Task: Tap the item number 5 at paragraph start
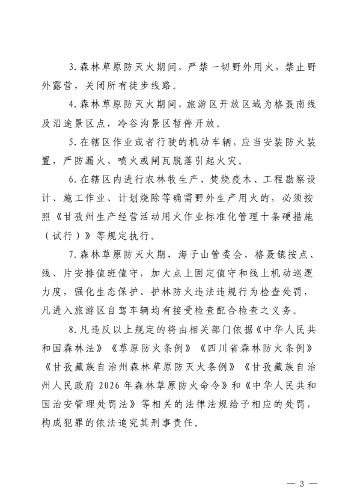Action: click(x=72, y=145)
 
